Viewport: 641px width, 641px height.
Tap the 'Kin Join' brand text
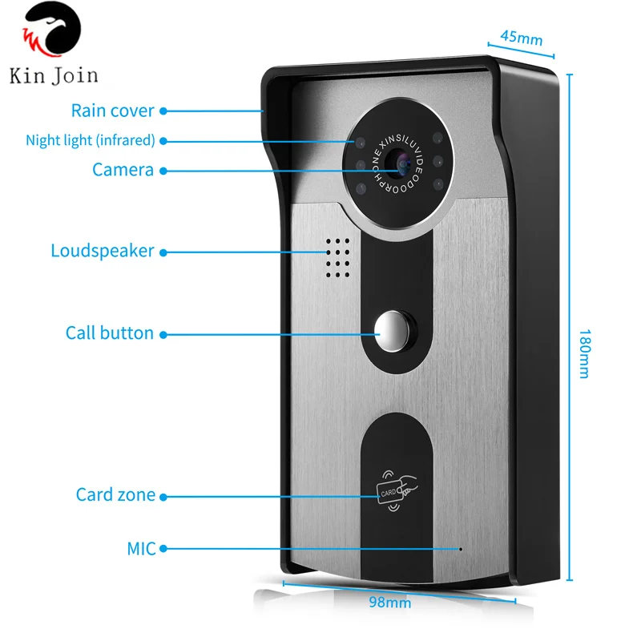tap(54, 76)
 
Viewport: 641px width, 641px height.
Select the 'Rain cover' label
tap(113, 111)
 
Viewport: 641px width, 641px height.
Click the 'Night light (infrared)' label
tap(90, 140)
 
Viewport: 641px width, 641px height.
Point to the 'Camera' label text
tap(123, 170)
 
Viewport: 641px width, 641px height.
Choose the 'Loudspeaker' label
tap(102, 251)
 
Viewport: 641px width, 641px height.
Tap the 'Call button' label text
tap(110, 333)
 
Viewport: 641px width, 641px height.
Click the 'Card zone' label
tap(115, 494)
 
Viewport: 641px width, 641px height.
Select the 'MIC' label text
tap(141, 549)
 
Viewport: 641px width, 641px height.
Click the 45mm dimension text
tap(521, 38)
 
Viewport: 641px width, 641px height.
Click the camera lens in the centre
tap(397, 164)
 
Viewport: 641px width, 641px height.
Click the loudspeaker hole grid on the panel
tap(338, 256)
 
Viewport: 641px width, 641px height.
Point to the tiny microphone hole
tap(461, 550)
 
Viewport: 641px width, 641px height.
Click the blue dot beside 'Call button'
tap(163, 333)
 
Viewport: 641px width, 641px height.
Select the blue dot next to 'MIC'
tap(163, 549)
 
